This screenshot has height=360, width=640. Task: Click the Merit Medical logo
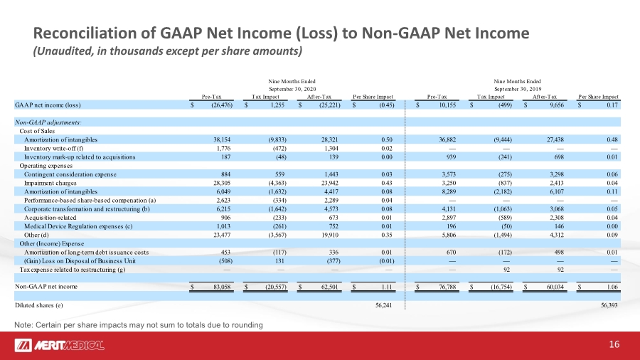tap(60, 345)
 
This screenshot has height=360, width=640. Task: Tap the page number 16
tap(614, 344)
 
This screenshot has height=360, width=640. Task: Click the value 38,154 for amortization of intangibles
tap(222, 139)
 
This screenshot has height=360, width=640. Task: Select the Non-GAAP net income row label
tap(46, 287)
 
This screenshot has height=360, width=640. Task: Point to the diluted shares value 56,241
tap(384, 305)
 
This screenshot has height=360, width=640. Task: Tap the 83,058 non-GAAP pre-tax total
tap(222, 287)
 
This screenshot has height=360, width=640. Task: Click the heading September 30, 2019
tap(518, 89)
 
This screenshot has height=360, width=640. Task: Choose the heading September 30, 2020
tap(292, 89)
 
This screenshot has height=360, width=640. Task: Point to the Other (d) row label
tap(37, 235)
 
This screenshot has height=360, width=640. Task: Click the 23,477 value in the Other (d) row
tap(222, 235)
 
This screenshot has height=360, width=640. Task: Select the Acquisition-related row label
tap(50, 218)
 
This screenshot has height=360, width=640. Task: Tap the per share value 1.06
tap(612, 287)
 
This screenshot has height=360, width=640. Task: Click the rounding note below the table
tap(139, 325)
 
